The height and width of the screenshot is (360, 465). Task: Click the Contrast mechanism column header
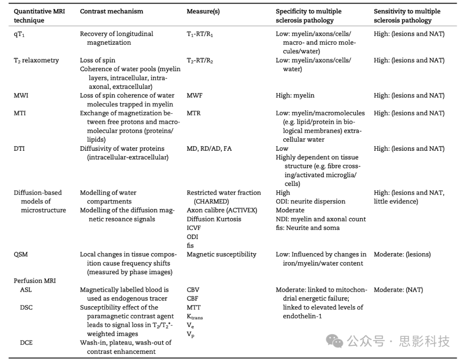tap(112, 12)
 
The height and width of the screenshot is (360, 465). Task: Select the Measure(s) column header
tap(203, 12)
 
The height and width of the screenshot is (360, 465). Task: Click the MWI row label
tap(21, 96)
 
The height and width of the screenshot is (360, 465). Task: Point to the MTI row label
tap(20, 113)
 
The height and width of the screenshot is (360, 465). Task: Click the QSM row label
tap(21, 254)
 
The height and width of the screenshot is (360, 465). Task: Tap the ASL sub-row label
tap(26, 290)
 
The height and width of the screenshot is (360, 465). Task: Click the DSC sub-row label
tap(27, 307)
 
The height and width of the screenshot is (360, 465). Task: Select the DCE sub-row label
tap(27, 343)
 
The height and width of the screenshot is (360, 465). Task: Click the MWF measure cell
tap(195, 96)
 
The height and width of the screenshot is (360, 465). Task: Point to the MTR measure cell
tap(194, 113)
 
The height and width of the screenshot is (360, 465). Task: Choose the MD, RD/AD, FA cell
tap(209, 149)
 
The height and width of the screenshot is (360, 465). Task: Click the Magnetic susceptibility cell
tap(221, 254)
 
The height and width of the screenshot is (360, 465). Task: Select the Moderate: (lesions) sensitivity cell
tap(402, 254)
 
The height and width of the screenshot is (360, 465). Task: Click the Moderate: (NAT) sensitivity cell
tap(398, 290)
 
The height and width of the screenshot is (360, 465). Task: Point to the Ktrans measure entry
tap(195, 317)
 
